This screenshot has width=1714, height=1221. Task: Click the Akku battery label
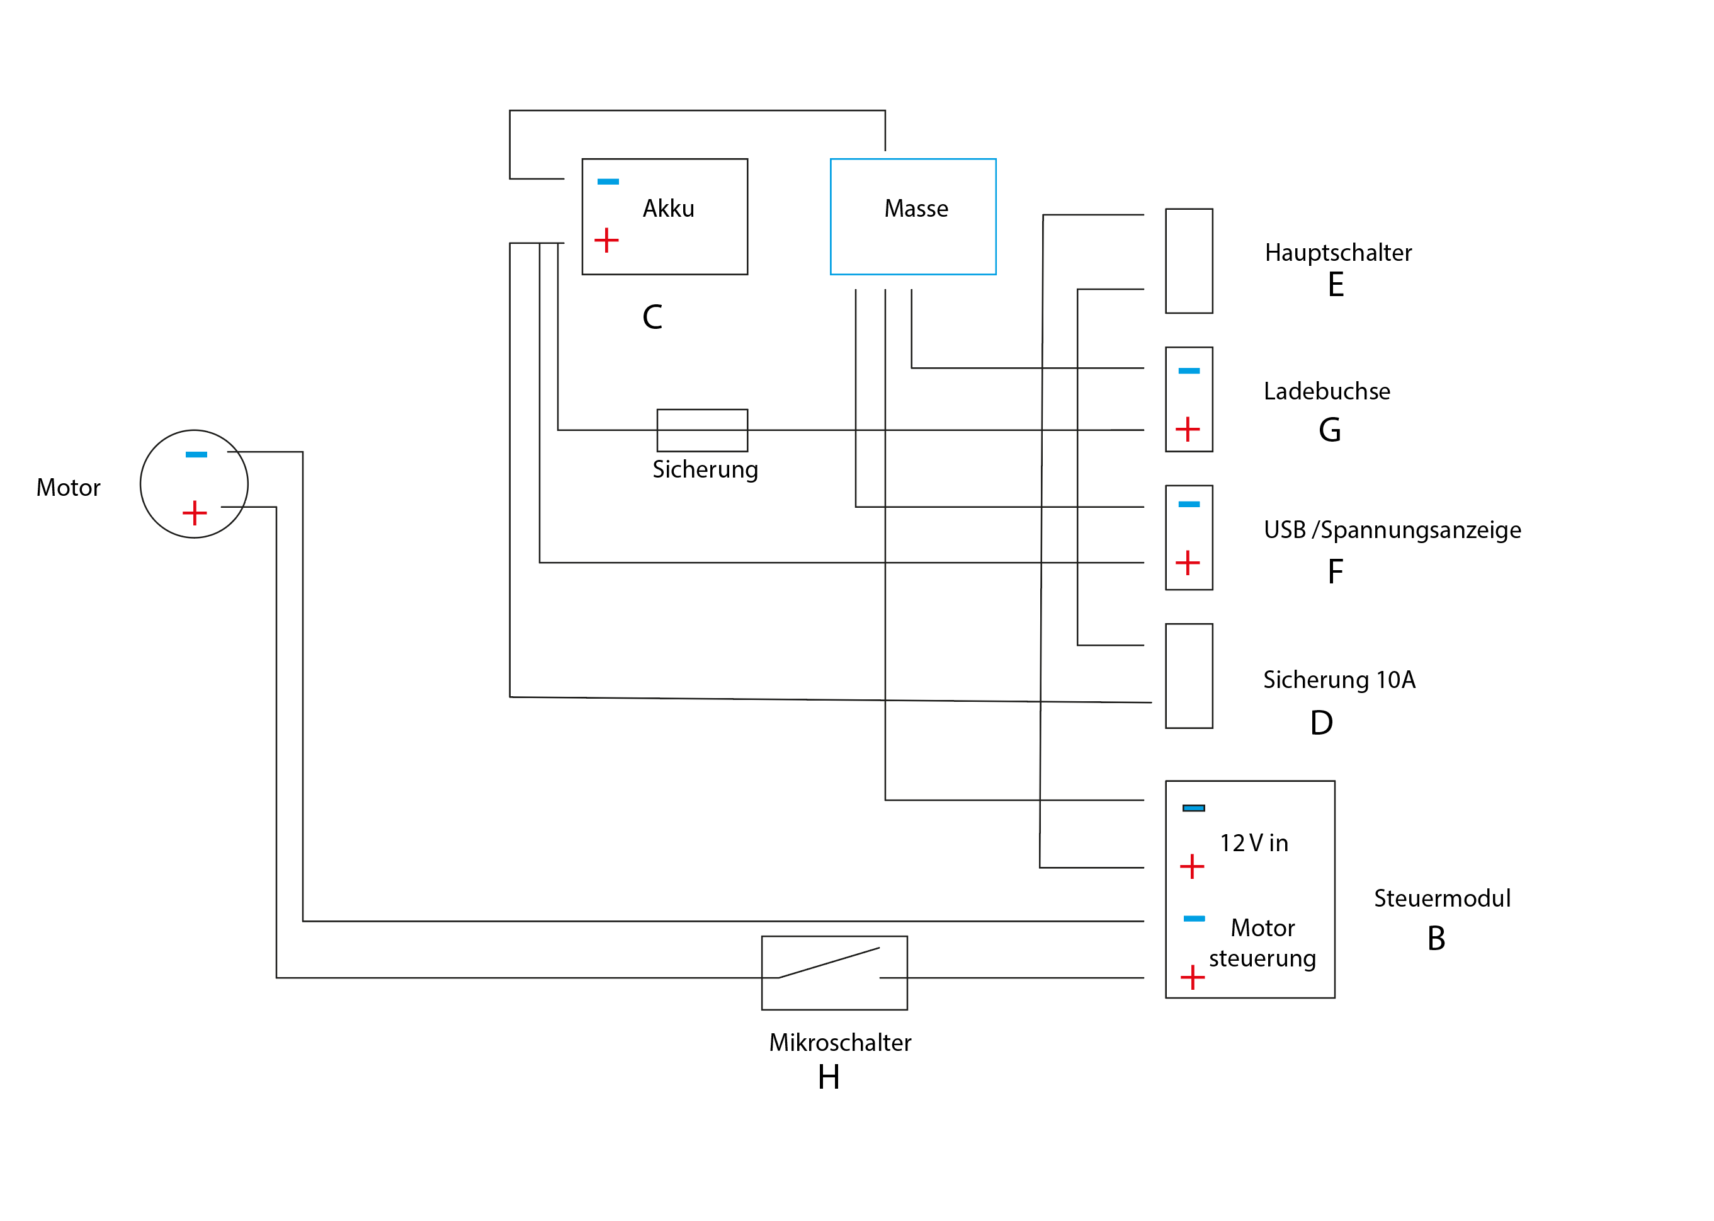(x=668, y=209)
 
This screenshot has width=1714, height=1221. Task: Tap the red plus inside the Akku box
(x=606, y=241)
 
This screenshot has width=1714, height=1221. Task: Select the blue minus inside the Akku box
(x=608, y=182)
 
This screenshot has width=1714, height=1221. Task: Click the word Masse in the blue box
(x=916, y=209)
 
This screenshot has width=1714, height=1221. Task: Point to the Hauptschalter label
(x=1337, y=253)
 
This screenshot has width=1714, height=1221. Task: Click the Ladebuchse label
(x=1326, y=391)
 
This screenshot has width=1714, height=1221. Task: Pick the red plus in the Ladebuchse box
(x=1187, y=429)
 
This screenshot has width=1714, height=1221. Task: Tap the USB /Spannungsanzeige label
(x=1392, y=529)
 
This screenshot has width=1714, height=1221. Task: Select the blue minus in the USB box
(x=1189, y=505)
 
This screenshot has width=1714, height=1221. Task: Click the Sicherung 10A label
(x=1339, y=680)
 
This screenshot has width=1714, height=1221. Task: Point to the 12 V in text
(x=1253, y=843)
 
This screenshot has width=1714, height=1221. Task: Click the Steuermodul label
(x=1441, y=898)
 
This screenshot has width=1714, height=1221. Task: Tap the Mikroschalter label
(x=839, y=1042)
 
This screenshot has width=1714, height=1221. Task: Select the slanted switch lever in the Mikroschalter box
(x=829, y=962)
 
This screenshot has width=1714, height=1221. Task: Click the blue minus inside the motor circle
(x=196, y=454)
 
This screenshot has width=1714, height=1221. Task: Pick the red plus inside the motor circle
(x=195, y=513)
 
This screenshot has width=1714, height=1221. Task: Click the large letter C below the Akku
(x=652, y=316)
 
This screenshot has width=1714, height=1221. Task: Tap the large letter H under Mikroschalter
(x=828, y=1077)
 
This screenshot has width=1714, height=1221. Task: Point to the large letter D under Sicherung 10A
(x=1321, y=723)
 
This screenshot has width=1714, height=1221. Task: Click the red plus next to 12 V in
(x=1192, y=866)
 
